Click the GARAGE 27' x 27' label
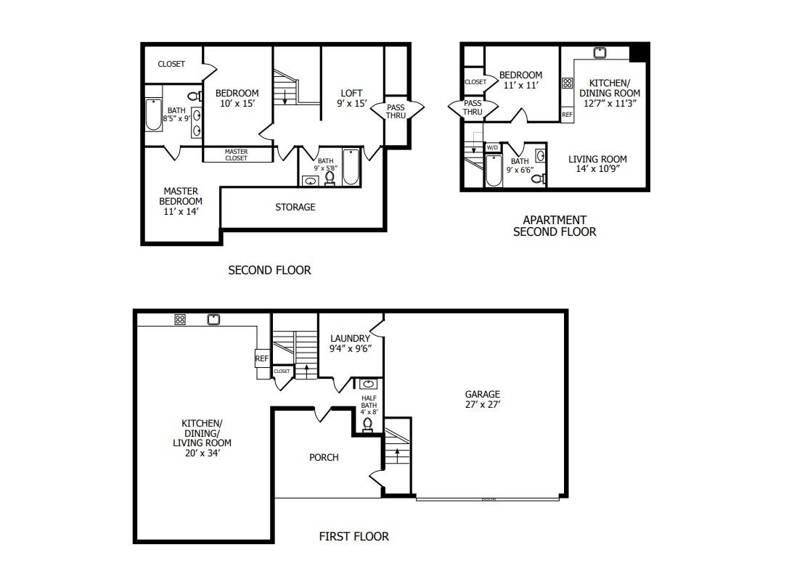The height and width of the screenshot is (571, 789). click(483, 400)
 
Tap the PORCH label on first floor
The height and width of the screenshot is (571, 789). click(324, 458)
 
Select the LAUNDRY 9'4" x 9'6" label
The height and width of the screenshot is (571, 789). click(350, 343)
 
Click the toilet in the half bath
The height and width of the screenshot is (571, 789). click(368, 424)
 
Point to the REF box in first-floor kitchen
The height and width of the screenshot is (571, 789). click(262, 358)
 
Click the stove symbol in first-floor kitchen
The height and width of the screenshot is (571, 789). click(180, 319)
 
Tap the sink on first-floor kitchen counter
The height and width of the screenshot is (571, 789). click(213, 319)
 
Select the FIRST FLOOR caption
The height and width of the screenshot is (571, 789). click(353, 537)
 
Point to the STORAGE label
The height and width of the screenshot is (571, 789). click(295, 208)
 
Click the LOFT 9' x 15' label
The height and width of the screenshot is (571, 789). click(351, 98)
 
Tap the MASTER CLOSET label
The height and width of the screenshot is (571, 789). click(236, 155)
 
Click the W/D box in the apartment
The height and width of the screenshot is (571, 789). click(492, 147)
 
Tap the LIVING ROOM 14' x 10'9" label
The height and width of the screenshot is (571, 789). click(597, 164)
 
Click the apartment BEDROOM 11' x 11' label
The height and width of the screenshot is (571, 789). click(520, 80)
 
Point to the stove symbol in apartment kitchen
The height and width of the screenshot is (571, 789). click(568, 83)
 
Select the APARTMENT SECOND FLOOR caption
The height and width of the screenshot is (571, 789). click(555, 226)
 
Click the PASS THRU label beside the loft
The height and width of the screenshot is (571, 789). click(396, 111)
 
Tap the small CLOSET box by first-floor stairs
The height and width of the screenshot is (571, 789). click(282, 371)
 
